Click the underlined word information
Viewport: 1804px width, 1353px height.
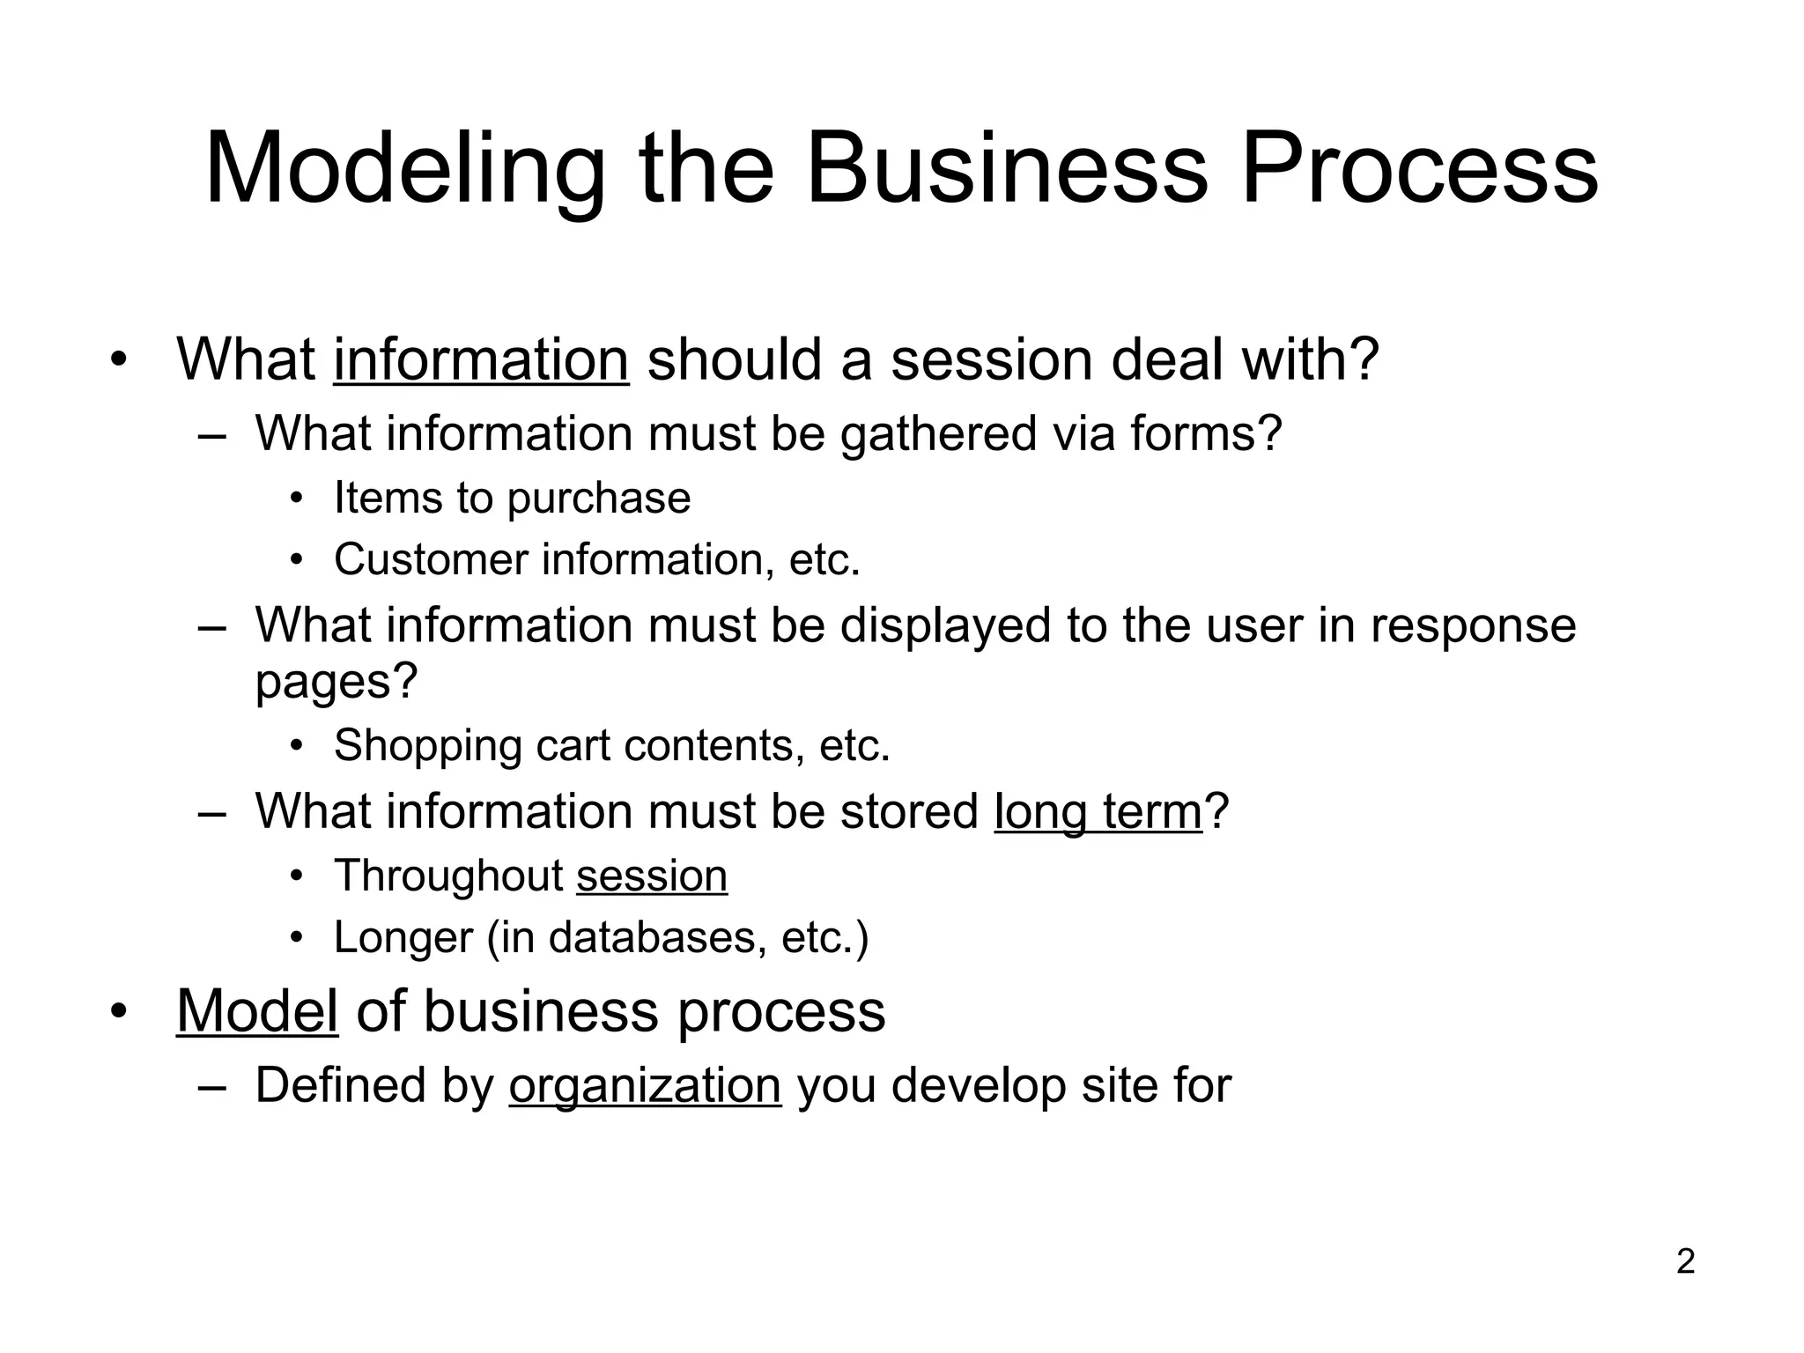(x=481, y=359)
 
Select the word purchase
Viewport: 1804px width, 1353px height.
(x=599, y=499)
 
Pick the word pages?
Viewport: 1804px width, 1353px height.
(x=336, y=681)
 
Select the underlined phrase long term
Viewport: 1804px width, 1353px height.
(x=1098, y=810)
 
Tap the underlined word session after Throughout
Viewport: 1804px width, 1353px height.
(x=652, y=876)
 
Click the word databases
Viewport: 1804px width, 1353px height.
(x=652, y=936)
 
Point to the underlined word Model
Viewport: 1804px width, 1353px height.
(x=257, y=1010)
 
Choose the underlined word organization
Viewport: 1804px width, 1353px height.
(x=645, y=1084)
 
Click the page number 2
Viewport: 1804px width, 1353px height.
(x=1685, y=1262)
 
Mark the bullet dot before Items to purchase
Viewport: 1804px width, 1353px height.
(x=297, y=499)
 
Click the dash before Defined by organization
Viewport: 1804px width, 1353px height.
(x=211, y=1086)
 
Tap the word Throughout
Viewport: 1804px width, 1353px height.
(x=448, y=876)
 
